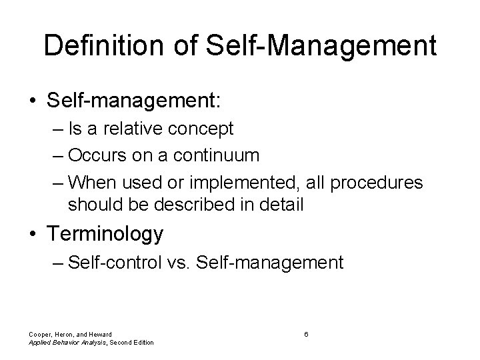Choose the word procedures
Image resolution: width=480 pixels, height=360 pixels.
[383, 182]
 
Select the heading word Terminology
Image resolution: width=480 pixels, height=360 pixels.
[105, 235]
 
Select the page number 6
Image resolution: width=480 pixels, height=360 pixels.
[305, 333]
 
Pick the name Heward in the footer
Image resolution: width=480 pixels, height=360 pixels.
[97, 334]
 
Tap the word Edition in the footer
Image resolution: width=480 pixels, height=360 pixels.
[140, 343]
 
